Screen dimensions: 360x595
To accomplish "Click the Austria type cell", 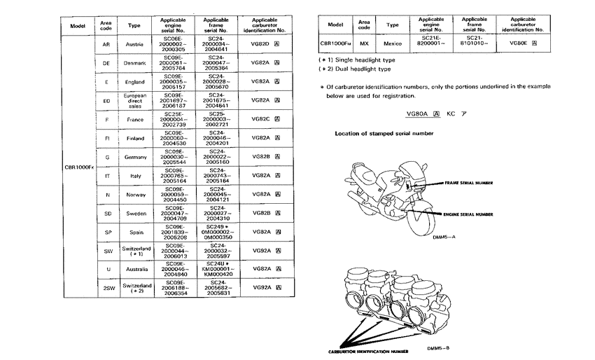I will (x=134, y=44).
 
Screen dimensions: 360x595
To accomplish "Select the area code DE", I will (x=106, y=63).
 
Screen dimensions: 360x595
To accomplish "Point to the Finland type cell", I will (x=134, y=138).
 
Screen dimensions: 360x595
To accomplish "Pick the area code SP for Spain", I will (x=106, y=232).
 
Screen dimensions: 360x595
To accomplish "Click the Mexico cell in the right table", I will (x=393, y=43).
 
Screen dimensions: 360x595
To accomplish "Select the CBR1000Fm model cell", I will (x=335, y=43).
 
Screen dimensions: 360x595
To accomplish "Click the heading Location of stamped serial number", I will (x=384, y=133).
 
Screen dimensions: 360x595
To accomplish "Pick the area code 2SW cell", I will (x=106, y=288).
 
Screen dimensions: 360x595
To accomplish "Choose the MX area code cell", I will (x=364, y=43).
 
